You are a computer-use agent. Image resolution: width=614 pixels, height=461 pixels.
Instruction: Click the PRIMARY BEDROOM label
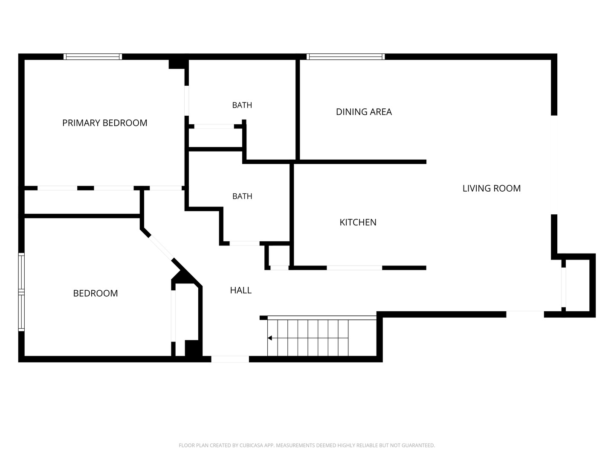pos(104,123)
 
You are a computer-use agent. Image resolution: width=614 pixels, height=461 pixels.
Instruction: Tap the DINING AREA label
pos(364,112)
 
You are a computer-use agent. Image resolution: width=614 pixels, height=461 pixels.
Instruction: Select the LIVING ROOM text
pos(492,188)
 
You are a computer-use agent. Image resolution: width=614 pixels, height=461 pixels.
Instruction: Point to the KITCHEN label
pos(358,222)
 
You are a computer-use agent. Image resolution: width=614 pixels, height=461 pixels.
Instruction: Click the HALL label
pos(240,290)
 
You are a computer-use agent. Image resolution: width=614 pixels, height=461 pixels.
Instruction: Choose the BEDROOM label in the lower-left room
pos(96,293)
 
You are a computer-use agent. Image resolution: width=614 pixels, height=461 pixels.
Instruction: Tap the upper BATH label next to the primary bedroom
pos(242,105)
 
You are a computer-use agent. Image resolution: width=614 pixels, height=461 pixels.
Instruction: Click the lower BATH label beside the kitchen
pos(242,196)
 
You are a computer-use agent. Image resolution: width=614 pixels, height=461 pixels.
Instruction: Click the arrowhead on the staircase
pos(269,338)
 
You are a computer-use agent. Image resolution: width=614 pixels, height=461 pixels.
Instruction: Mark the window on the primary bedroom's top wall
pos(93,56)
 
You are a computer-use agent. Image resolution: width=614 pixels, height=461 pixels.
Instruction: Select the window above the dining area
pos(345,56)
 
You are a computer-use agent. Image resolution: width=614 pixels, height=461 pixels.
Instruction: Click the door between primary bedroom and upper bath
pos(187,101)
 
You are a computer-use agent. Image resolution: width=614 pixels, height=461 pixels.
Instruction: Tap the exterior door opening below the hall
pos(230,359)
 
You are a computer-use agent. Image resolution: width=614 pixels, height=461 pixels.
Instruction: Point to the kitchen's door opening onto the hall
pos(354,268)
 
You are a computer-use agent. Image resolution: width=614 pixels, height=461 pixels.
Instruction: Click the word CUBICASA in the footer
pos(251,445)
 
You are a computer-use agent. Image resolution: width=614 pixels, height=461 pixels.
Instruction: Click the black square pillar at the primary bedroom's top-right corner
pos(177,64)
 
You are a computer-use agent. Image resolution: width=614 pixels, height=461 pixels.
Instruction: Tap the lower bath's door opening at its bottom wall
pos(244,243)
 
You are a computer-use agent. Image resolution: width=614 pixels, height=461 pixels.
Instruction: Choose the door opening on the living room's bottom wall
pos(525,314)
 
